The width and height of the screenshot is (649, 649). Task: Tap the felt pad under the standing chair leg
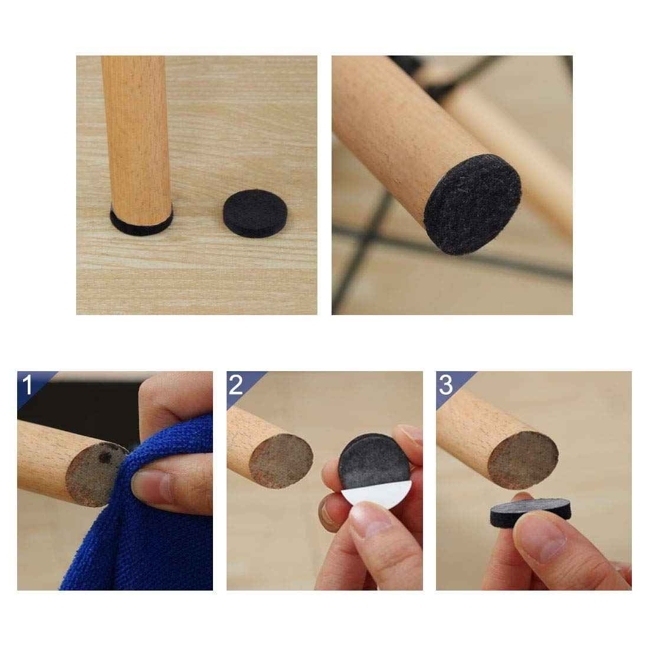pos(142,227)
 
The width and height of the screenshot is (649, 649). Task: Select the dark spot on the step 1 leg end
pos(106,457)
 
